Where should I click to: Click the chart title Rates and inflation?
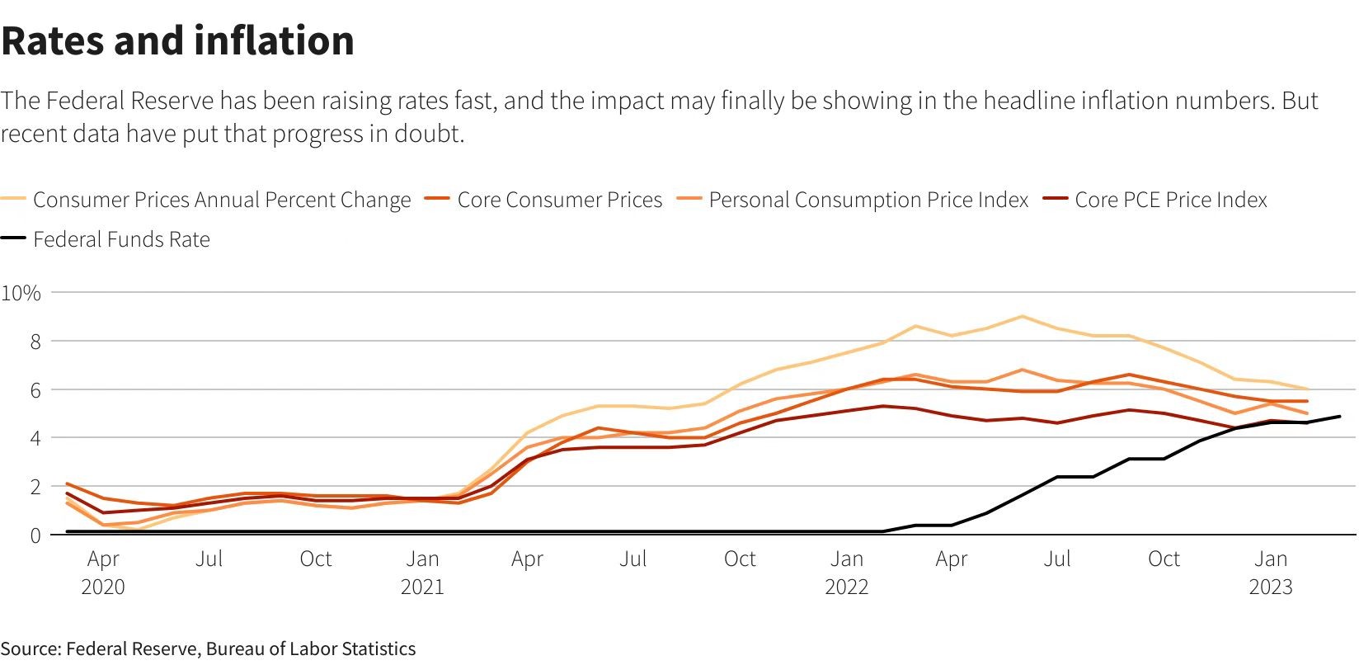[x=178, y=40]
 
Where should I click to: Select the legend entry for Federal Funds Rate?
[x=121, y=239]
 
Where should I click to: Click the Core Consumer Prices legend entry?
[x=559, y=200]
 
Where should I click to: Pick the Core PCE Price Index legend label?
[x=1170, y=200]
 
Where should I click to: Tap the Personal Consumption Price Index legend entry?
[x=868, y=200]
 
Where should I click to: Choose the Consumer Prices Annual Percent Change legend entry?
[x=221, y=200]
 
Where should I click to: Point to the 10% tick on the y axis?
[x=21, y=293]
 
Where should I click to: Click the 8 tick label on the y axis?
[x=35, y=342]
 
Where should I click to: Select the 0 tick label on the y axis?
[x=35, y=535]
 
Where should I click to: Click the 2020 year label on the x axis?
[x=103, y=587]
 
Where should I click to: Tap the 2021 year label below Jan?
[x=422, y=587]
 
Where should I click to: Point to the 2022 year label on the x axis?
[x=847, y=587]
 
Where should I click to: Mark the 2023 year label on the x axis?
[x=1271, y=587]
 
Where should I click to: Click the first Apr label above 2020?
[x=103, y=559]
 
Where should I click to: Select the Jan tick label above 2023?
[x=1271, y=559]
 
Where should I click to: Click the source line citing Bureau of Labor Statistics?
[x=208, y=648]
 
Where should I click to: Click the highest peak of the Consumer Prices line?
[x=1023, y=316]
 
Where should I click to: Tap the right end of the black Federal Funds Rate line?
[x=1339, y=417]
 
